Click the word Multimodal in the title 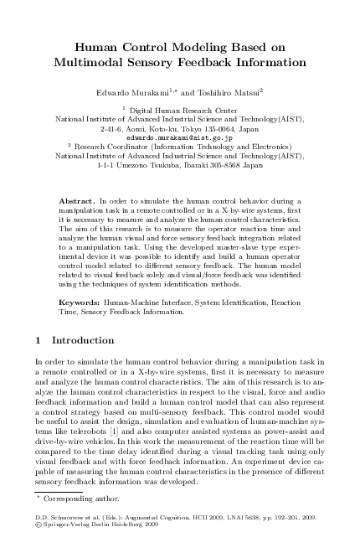click(89, 61)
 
